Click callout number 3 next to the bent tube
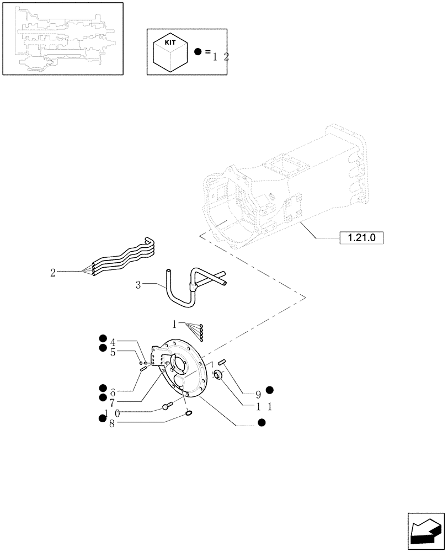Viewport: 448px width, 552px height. click(138, 285)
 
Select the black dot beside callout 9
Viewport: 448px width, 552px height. click(270, 390)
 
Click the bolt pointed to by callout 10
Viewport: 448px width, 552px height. click(167, 407)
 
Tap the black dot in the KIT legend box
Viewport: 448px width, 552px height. click(199, 52)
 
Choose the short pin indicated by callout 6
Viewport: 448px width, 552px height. click(142, 369)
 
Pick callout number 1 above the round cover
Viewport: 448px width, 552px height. click(174, 323)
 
